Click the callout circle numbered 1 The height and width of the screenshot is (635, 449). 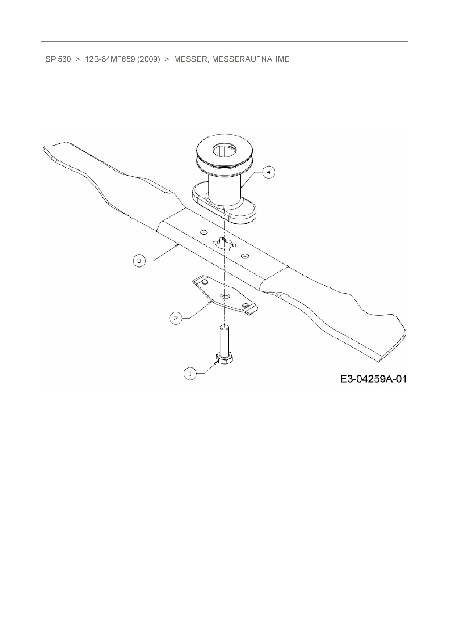click(190, 374)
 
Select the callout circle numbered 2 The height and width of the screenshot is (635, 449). click(176, 318)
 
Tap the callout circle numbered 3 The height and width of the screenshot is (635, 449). click(139, 260)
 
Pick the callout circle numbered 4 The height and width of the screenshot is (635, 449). click(269, 173)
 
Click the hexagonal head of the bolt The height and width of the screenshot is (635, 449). click(224, 359)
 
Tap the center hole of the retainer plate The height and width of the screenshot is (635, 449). click(225, 296)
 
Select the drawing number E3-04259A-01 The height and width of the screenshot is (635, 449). click(373, 379)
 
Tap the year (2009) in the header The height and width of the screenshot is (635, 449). click(148, 59)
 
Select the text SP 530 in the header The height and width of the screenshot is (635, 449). click(58, 59)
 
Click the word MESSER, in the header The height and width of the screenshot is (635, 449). click(191, 59)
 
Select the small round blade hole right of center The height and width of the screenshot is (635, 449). click(245, 256)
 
